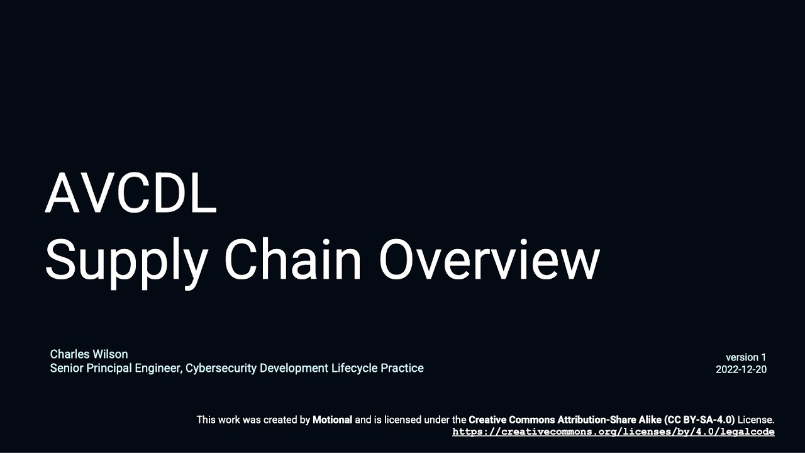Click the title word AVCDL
tap(131, 194)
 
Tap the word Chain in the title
tap(292, 259)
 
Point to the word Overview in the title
tap(489, 259)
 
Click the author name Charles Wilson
tap(89, 354)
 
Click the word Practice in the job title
tap(402, 368)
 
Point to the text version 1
tap(746, 357)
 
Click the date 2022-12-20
tap(741, 369)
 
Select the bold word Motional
tap(332, 420)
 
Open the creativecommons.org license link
tap(613, 432)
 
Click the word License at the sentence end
tap(756, 420)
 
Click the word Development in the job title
tap(294, 368)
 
